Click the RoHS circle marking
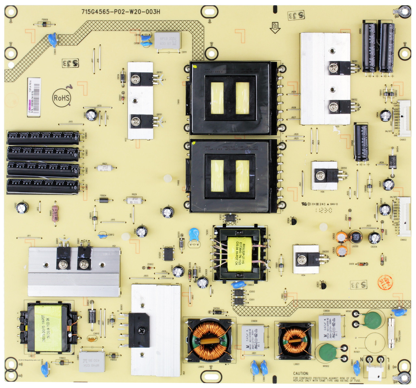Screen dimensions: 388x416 pos(62,98)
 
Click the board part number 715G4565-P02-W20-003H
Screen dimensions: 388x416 pos(121,12)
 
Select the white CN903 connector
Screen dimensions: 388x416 pos(404,119)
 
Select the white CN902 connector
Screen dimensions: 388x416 pos(404,217)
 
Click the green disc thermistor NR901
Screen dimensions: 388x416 pos(372,320)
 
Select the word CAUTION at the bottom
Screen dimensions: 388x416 pos(301,374)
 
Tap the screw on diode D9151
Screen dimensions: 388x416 pos(333,68)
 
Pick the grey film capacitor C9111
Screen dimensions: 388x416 pos(167,41)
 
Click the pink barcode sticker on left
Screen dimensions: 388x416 pos(34,97)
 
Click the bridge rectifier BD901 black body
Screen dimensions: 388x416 pos(139,330)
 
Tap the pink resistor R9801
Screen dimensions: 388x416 pos(55,213)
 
